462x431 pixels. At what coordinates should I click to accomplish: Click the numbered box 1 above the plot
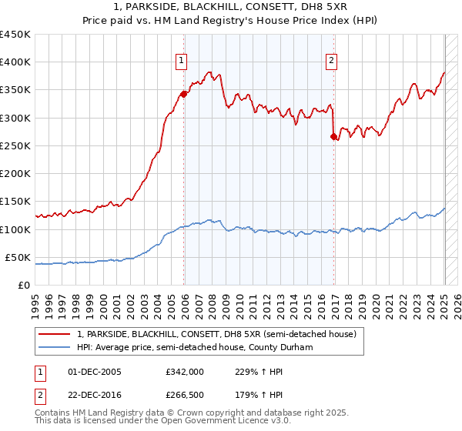181,61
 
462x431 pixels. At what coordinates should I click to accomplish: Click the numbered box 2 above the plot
331,61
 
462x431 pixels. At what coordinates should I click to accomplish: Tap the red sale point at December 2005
184,94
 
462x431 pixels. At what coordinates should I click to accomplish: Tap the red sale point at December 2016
334,136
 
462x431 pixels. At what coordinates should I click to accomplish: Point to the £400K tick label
15,62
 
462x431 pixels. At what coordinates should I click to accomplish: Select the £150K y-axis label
15,202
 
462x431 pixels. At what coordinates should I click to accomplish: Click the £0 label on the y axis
24,285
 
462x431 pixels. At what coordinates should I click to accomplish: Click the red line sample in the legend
55,335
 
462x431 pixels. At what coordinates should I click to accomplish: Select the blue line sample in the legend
55,347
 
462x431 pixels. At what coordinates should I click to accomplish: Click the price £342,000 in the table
185,372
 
